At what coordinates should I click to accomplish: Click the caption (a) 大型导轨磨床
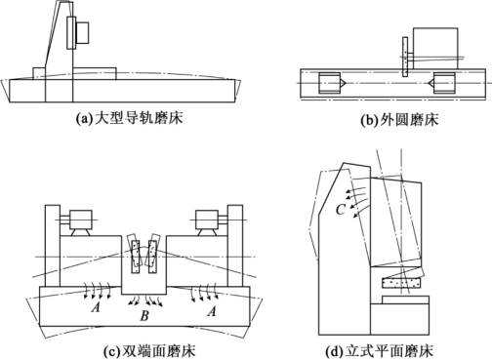(x=129, y=118)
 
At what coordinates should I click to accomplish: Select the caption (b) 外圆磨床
(x=399, y=120)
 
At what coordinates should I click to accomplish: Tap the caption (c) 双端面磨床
(x=149, y=351)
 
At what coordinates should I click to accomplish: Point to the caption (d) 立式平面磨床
(x=380, y=351)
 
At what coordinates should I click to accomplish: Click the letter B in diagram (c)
(x=144, y=315)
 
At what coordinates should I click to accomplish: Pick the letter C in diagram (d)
(x=340, y=210)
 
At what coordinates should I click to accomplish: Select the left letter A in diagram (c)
(x=96, y=306)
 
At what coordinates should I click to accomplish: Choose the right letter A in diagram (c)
(x=212, y=311)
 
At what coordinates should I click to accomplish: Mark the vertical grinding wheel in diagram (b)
(x=405, y=57)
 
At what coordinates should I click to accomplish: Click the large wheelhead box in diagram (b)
(x=435, y=49)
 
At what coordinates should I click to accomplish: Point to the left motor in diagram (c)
(x=81, y=220)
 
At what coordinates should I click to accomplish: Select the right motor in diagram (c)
(x=206, y=220)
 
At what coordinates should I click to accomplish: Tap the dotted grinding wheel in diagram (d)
(x=401, y=282)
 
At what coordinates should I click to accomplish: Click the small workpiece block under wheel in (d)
(x=406, y=300)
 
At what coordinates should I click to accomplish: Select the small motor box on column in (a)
(x=82, y=32)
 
